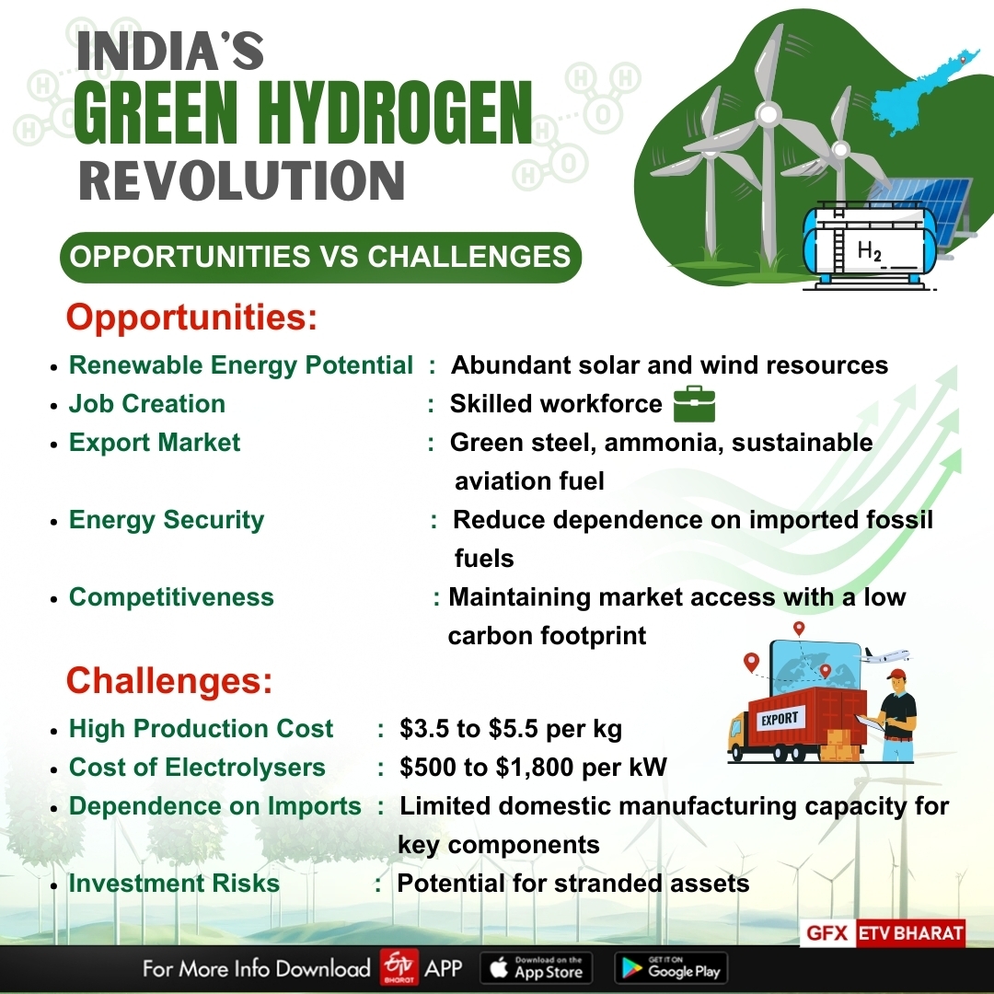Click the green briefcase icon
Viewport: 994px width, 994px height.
point(694,404)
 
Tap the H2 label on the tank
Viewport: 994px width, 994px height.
point(869,249)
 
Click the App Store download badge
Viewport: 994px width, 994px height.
point(537,967)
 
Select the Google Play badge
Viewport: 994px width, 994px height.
point(670,967)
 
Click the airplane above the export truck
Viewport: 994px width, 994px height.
point(885,655)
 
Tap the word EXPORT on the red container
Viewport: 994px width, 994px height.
point(780,718)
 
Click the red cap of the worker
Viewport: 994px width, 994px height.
point(896,675)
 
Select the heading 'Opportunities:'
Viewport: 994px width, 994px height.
point(191,318)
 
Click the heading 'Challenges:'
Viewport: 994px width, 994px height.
point(169,681)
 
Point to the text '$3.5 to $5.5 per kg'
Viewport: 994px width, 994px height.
point(511,729)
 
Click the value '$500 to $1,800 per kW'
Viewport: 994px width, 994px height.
point(533,768)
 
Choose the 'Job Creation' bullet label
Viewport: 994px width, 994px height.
point(147,404)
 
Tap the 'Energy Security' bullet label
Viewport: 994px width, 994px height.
point(167,520)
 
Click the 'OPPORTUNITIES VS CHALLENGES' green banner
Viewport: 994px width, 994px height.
point(320,256)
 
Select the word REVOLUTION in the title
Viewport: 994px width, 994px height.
point(242,179)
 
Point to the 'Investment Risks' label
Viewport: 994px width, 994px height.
point(174,884)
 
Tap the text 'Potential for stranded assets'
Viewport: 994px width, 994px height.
point(572,884)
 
